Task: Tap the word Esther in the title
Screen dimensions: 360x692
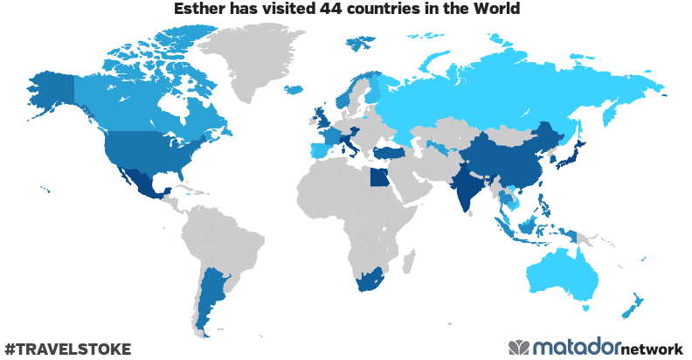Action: click(199, 10)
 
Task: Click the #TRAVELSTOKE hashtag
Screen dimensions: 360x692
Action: click(67, 349)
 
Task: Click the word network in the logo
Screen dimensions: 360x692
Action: click(652, 349)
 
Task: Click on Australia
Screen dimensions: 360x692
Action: click(564, 275)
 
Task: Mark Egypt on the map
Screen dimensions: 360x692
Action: click(379, 179)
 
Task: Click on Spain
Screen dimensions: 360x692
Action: click(322, 150)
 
